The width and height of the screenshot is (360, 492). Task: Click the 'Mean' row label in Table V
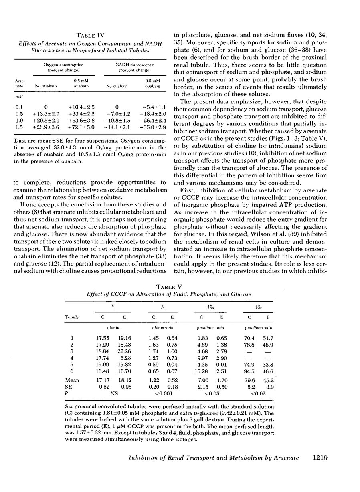(x=72, y=380)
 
